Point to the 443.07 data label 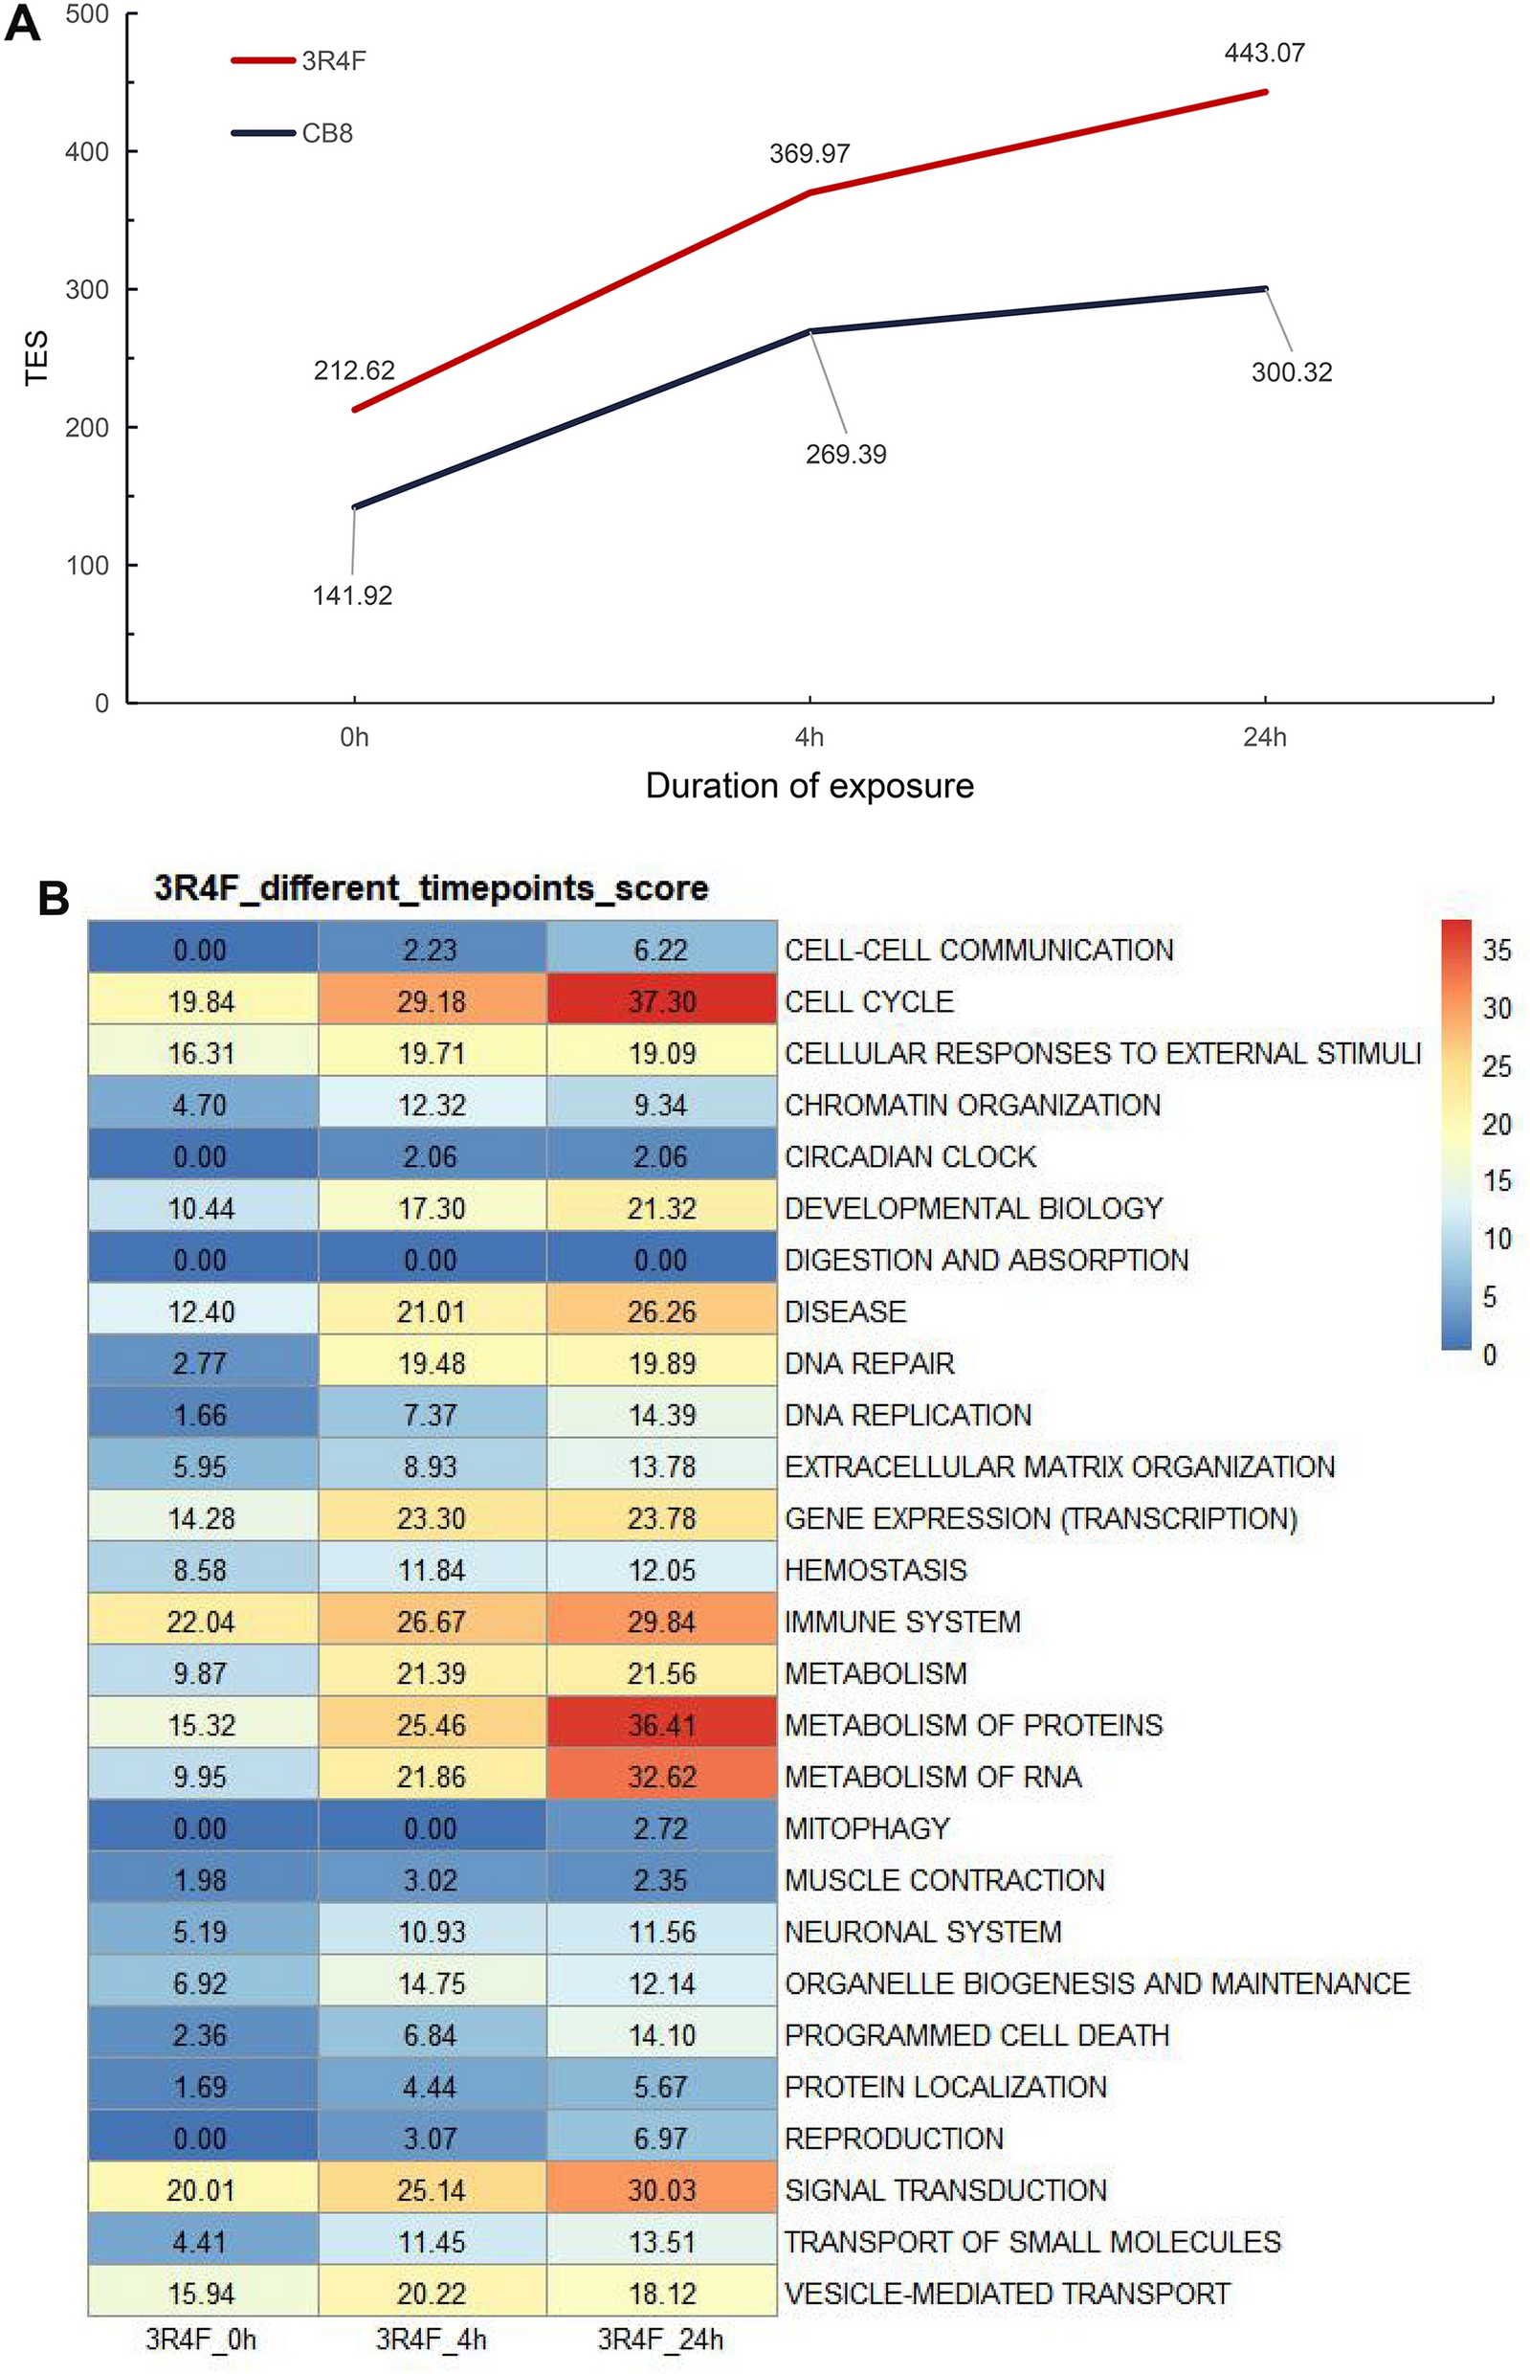(1264, 53)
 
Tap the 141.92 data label (353, 595)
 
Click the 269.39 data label (846, 454)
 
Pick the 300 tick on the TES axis (87, 289)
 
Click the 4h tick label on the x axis (809, 736)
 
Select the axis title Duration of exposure (809, 786)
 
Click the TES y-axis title (36, 358)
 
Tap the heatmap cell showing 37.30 (662, 1001)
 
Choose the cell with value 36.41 (662, 1725)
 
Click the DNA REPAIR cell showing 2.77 (202, 1363)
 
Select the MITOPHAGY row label (866, 1828)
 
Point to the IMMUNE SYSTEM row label (902, 1622)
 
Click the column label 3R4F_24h (660, 2340)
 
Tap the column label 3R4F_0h (202, 2340)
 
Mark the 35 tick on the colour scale (1497, 950)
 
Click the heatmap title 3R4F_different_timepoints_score (432, 887)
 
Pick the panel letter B (53, 898)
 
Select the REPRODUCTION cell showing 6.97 (662, 2139)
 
